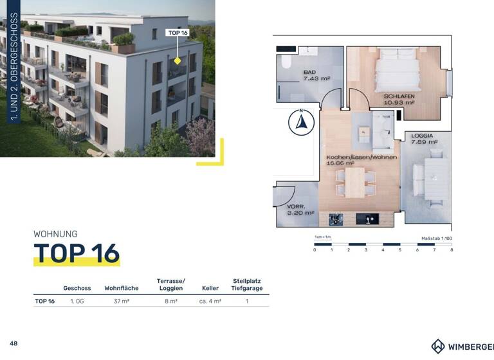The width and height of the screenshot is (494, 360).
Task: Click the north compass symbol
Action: (x=300, y=123)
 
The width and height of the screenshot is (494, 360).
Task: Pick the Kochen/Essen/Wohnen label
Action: (x=361, y=157)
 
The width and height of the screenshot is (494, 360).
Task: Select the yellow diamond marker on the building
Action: (x=178, y=61)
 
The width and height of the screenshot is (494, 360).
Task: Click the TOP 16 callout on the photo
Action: (x=178, y=33)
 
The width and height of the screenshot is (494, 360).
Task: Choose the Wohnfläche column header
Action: (x=121, y=289)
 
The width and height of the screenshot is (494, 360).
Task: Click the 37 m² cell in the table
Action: (x=121, y=301)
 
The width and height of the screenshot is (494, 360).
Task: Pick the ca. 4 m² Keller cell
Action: (x=210, y=301)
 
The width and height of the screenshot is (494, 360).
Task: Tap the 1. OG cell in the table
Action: (x=77, y=301)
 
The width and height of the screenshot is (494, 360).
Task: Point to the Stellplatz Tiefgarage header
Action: (x=247, y=285)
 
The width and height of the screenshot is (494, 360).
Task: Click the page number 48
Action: (x=14, y=343)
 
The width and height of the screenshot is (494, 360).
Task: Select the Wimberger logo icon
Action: (x=438, y=346)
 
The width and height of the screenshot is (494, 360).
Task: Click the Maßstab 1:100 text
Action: (x=436, y=238)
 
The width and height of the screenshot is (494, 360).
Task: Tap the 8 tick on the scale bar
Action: (x=452, y=249)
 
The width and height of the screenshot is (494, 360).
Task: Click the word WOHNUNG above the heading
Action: (x=55, y=234)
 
